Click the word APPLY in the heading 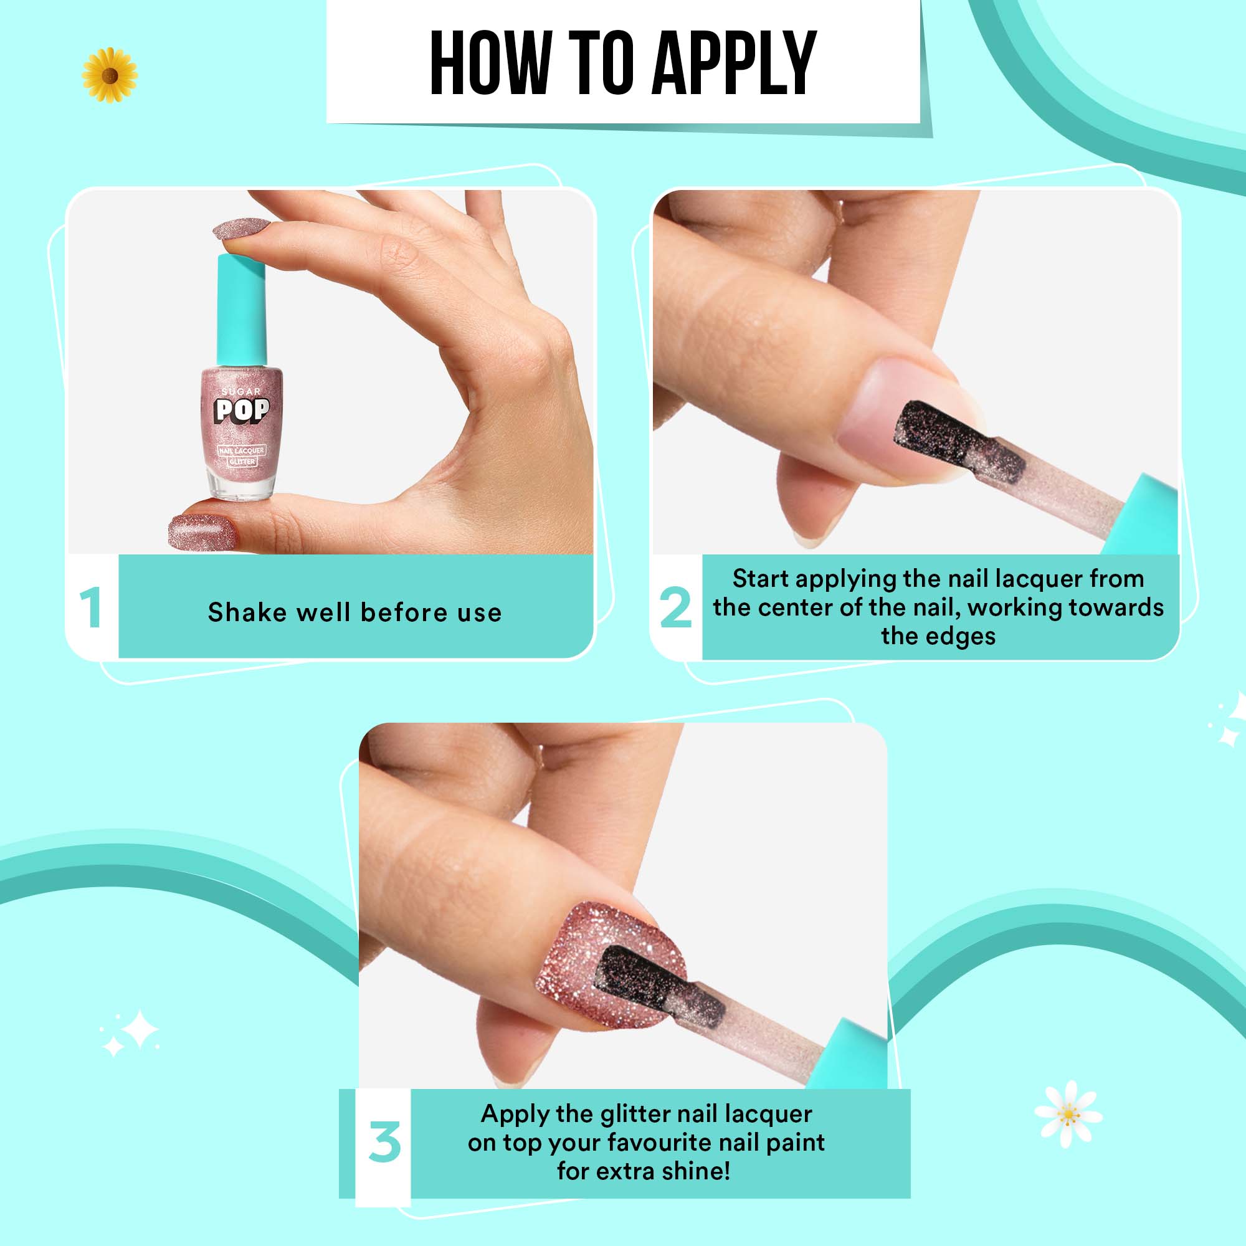(x=735, y=64)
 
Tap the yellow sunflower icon (x=110, y=75)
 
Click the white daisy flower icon (x=1068, y=1114)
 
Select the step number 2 (x=675, y=608)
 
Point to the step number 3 (x=385, y=1142)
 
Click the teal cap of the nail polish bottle (x=241, y=310)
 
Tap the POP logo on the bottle (x=242, y=410)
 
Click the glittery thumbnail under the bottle (x=201, y=531)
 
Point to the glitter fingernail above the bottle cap (x=240, y=228)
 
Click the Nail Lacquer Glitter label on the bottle (x=241, y=455)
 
